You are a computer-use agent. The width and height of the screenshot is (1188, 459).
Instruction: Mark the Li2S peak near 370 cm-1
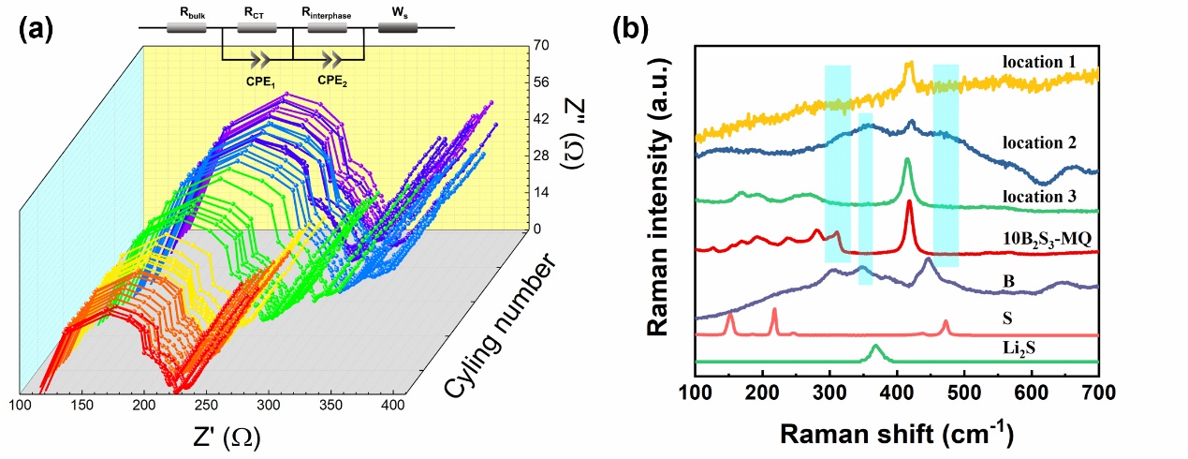pos(876,348)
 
